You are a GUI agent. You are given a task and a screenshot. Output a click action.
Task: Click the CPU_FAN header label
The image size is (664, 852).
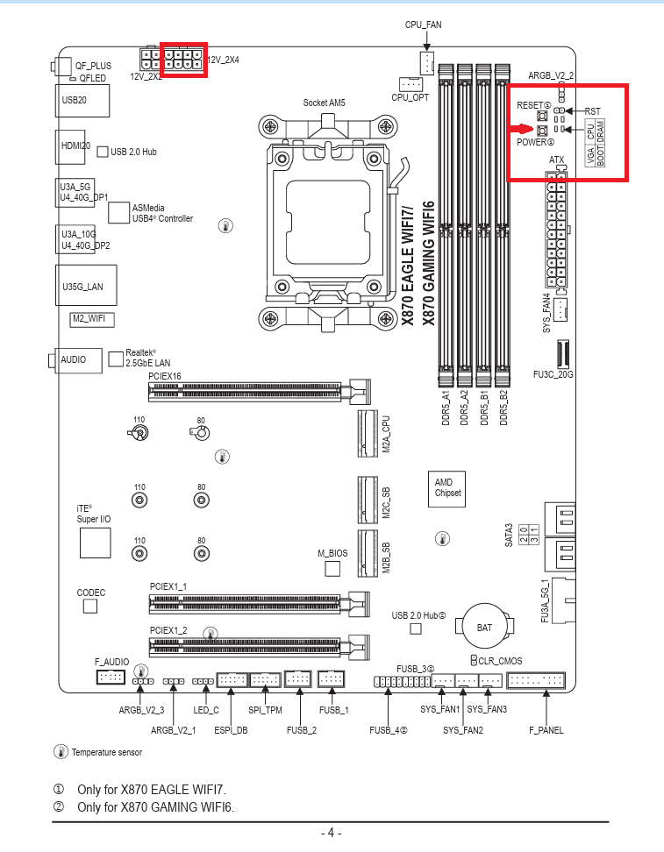tap(423, 25)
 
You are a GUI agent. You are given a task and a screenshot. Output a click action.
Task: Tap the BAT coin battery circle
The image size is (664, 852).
tap(484, 627)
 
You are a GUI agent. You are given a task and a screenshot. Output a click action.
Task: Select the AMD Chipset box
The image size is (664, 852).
tap(447, 488)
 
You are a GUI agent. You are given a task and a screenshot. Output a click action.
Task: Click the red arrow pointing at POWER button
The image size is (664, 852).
tap(524, 131)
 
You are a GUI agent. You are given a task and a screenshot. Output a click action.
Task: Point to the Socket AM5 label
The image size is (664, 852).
tap(324, 103)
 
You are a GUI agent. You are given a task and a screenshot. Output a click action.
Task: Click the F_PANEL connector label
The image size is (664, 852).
tap(546, 730)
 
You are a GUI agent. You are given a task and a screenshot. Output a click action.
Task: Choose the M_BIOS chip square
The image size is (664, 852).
tap(332, 569)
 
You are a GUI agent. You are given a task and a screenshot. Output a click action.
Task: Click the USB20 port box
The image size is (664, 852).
tap(82, 100)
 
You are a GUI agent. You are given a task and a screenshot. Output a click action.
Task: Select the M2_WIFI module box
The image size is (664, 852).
tap(92, 319)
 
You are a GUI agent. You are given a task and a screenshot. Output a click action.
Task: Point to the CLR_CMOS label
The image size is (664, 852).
tap(500, 660)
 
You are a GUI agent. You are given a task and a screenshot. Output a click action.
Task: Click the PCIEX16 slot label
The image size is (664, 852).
tap(165, 375)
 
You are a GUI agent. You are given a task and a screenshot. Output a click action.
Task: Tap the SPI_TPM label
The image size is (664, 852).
tap(265, 710)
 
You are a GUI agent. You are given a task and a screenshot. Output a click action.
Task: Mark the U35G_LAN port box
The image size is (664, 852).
tap(82, 287)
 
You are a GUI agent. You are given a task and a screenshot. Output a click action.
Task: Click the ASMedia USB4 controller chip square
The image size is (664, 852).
tap(118, 211)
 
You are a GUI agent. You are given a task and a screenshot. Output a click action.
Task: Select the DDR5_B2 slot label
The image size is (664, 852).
tap(503, 408)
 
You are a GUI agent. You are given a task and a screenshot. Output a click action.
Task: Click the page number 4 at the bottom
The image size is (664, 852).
tap(331, 833)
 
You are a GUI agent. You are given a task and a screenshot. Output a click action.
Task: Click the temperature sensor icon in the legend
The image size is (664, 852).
tap(61, 751)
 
